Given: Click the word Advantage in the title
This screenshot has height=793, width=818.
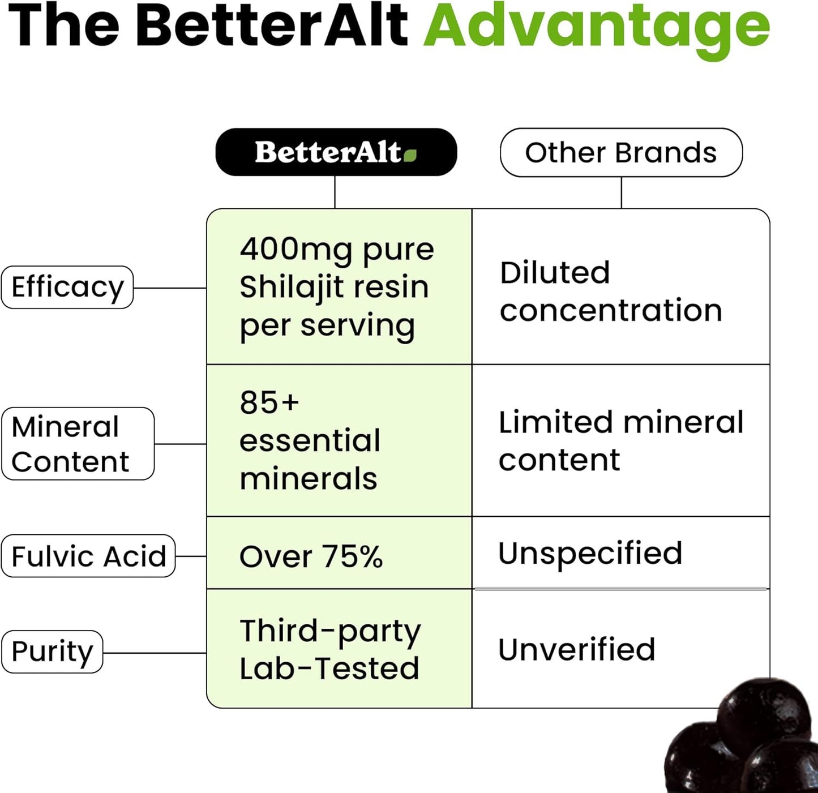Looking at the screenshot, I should click(x=597, y=26).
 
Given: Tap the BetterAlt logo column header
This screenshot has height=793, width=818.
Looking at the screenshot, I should click(x=336, y=152).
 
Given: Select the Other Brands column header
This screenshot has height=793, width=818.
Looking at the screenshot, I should click(x=621, y=152).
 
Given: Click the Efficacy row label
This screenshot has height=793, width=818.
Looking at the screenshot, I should click(x=67, y=287).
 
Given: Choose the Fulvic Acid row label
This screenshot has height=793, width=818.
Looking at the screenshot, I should click(x=88, y=556).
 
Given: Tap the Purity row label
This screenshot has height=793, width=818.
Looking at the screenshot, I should click(x=52, y=651).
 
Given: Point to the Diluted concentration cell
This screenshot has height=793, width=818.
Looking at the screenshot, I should click(x=610, y=292).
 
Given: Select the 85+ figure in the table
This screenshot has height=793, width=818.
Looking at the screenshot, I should click(x=269, y=402).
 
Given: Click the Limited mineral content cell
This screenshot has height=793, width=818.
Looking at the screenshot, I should click(x=620, y=441).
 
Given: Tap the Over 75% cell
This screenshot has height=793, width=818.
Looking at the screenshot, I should click(x=311, y=556).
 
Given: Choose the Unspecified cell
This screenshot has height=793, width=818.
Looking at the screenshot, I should click(x=590, y=553).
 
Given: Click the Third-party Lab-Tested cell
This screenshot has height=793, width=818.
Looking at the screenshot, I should click(x=330, y=649).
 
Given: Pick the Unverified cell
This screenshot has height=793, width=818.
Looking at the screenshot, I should click(x=576, y=649).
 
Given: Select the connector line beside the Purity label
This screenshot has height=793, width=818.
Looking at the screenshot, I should click(x=155, y=653).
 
